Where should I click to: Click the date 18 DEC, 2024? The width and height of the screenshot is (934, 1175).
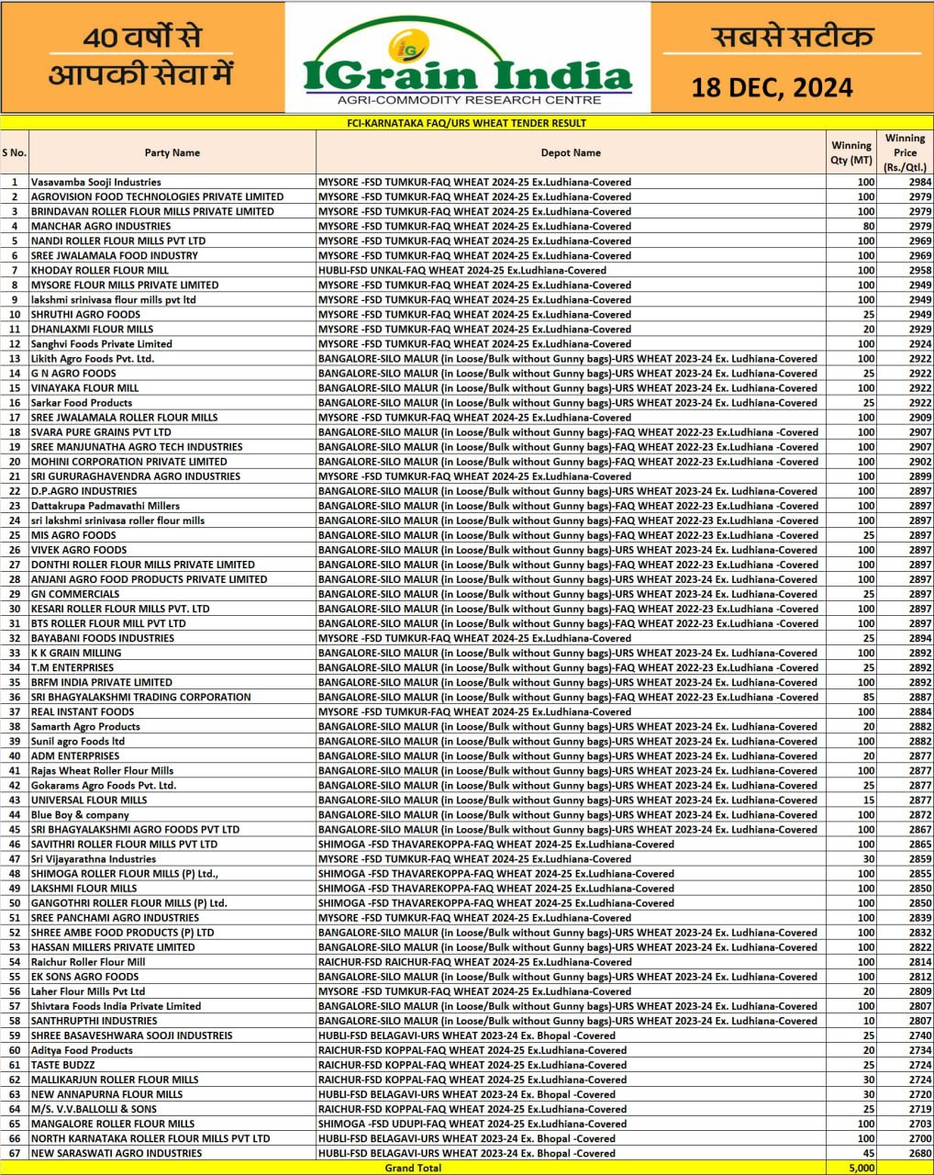point(772,87)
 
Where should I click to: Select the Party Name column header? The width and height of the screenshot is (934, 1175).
point(172,152)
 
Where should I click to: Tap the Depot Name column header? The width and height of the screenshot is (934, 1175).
point(571,152)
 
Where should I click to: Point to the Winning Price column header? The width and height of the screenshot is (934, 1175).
point(905,152)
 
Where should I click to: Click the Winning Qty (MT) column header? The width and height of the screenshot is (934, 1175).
point(851,152)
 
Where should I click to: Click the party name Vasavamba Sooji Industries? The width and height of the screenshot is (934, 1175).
point(95,182)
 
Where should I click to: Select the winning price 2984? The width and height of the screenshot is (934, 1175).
point(919,182)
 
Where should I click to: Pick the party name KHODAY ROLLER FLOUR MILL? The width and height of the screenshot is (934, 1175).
point(100,270)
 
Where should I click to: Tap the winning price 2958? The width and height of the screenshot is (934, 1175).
point(919,270)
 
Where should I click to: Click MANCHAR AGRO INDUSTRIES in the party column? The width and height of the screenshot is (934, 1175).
point(101,226)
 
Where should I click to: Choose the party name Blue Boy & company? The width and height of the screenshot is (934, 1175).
point(80,814)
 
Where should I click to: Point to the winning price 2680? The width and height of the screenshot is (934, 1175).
point(919,1153)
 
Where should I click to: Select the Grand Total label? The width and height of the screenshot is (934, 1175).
point(413,1168)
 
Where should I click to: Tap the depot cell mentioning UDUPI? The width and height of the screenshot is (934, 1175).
point(473,1124)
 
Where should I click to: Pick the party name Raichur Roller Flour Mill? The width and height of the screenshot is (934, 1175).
point(88,962)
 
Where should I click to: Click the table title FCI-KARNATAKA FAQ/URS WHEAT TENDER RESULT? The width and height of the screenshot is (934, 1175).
point(466,122)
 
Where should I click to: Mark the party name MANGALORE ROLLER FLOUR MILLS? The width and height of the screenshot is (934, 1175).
point(113,1124)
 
